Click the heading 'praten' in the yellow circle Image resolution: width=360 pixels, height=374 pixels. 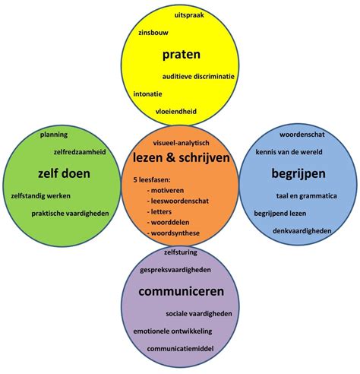pyautogui.click(x=182, y=55)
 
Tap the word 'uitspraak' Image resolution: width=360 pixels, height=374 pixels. pyautogui.click(x=189, y=16)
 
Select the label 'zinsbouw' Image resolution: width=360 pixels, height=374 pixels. pyautogui.click(x=153, y=33)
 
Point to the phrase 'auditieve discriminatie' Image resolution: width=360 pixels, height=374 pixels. pyautogui.click(x=198, y=76)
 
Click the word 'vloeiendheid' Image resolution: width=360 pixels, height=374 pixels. pyautogui.click(x=176, y=112)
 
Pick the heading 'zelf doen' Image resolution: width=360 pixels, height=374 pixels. pyautogui.click(x=64, y=173)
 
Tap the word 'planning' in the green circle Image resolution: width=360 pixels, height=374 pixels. pyautogui.click(x=54, y=135)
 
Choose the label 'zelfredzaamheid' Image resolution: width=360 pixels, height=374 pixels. pyautogui.click(x=80, y=152)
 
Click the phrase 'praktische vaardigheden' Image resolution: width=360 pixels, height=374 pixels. pyautogui.click(x=70, y=214)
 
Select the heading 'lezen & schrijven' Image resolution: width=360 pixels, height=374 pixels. pyautogui.click(x=182, y=158)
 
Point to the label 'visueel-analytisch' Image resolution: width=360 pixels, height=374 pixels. pyautogui.click(x=181, y=143)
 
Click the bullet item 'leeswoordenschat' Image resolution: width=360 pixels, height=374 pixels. pyautogui.click(x=178, y=201)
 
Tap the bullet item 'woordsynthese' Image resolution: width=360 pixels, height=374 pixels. pyautogui.click(x=173, y=233)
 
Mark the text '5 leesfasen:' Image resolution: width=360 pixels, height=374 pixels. pyautogui.click(x=152, y=180)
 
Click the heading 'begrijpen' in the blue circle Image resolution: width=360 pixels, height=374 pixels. pyautogui.click(x=298, y=174)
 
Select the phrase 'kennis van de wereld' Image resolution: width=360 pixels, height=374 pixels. pyautogui.click(x=289, y=152)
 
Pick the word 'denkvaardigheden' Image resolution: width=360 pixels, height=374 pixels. pyautogui.click(x=302, y=231)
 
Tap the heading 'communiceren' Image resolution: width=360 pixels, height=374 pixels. pyautogui.click(x=182, y=291)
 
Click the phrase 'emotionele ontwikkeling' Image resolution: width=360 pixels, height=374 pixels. pyautogui.click(x=172, y=331)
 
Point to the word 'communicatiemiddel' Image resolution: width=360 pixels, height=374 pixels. pyautogui.click(x=180, y=349)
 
